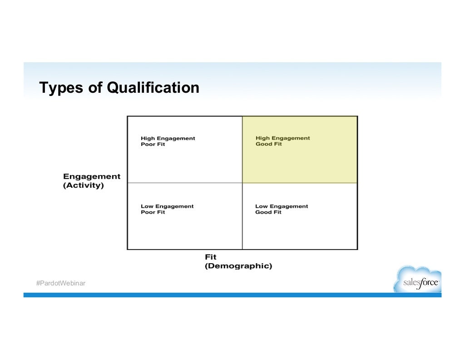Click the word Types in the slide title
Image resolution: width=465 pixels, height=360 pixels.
pyautogui.click(x=61, y=87)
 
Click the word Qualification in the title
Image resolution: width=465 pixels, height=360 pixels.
pyautogui.click(x=153, y=87)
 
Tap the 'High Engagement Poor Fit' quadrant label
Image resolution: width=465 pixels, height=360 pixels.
pyautogui.click(x=168, y=141)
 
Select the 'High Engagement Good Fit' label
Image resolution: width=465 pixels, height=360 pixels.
pyautogui.click(x=282, y=141)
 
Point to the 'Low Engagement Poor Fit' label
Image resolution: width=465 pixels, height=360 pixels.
pyautogui.click(x=167, y=209)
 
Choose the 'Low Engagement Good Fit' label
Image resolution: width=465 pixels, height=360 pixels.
pyautogui.click(x=282, y=209)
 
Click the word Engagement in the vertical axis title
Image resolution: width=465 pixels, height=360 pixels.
pyautogui.click(x=92, y=176)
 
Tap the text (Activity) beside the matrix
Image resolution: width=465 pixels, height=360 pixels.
pyautogui.click(x=84, y=185)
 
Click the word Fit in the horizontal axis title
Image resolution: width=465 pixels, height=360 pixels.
pyautogui.click(x=211, y=257)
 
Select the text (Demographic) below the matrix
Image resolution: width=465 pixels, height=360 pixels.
pyautogui.click(x=238, y=266)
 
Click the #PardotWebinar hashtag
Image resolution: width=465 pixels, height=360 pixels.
pyautogui.click(x=60, y=284)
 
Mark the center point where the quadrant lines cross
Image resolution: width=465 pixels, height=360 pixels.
pyautogui.click(x=242, y=183)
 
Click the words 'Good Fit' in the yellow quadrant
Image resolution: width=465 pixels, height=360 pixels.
pyautogui.click(x=269, y=144)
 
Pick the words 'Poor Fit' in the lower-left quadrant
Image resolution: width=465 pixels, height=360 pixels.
pyautogui.click(x=153, y=212)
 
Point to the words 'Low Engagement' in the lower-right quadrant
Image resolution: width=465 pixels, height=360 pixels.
pyautogui.click(x=282, y=206)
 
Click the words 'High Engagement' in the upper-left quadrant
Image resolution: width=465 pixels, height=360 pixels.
pyautogui.click(x=168, y=138)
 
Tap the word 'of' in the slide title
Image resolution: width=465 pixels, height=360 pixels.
pyautogui.click(x=95, y=87)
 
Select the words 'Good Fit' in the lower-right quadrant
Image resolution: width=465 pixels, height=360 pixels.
pyautogui.click(x=268, y=212)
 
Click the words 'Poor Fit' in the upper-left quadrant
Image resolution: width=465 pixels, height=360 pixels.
pyautogui.click(x=153, y=145)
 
